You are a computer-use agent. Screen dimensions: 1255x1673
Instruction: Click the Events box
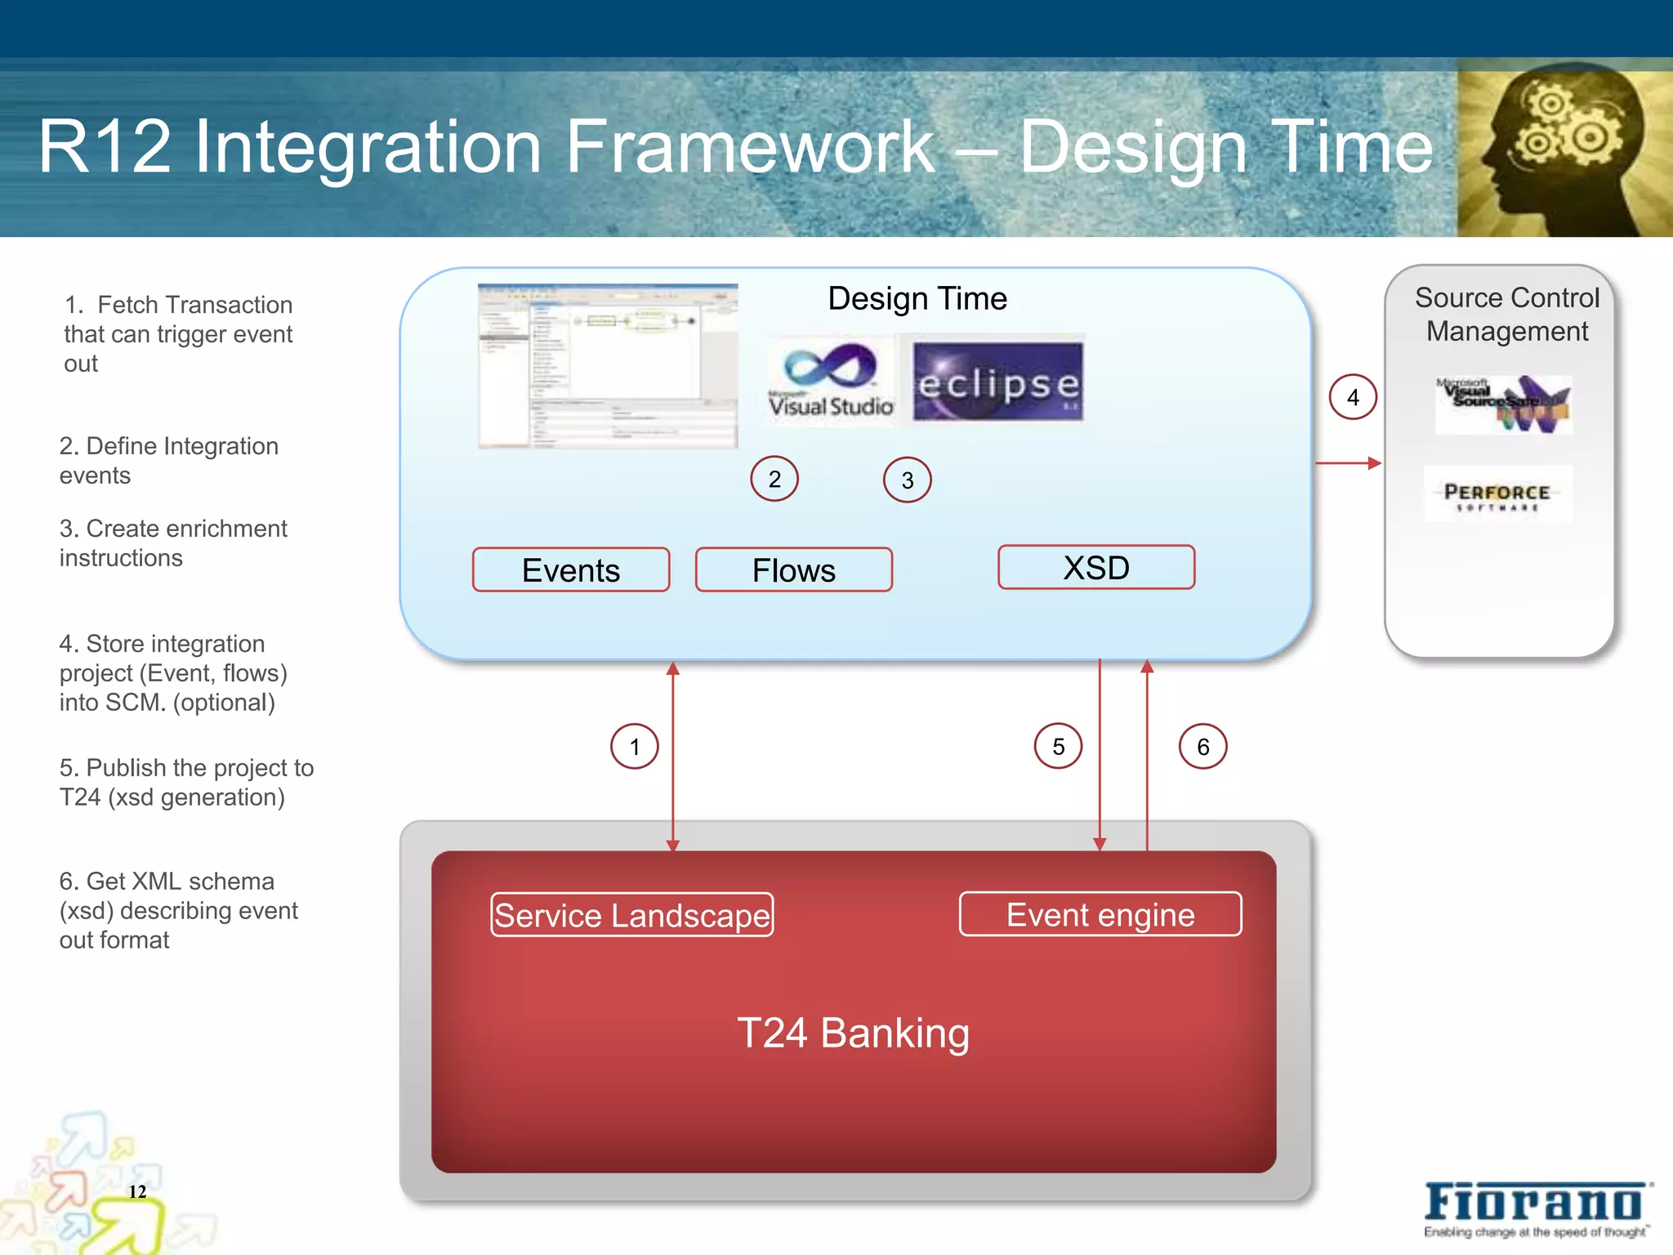[570, 569]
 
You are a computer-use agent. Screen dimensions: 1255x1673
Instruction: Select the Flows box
[793, 569]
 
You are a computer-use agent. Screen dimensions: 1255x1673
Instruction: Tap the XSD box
[1095, 567]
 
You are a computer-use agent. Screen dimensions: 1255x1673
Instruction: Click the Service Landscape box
[631, 914]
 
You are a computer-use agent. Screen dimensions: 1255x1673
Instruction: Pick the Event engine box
[1100, 913]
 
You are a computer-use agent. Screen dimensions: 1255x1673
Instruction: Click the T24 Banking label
[853, 1033]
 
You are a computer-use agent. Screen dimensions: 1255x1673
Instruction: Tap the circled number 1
[635, 746]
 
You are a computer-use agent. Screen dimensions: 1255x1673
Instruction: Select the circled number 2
[774, 479]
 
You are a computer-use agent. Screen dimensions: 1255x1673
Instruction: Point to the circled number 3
[907, 480]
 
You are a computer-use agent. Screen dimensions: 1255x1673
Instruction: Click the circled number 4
[1353, 397]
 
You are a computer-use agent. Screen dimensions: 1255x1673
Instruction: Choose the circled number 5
[1058, 746]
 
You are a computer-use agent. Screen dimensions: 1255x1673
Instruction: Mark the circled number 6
[1202, 746]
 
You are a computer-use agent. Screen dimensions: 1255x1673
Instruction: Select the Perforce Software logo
[1497, 494]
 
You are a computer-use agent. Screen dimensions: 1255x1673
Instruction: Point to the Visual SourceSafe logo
[1503, 404]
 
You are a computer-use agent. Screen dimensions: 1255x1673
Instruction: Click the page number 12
[137, 1191]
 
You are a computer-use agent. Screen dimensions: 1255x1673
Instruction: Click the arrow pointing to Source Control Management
[1348, 463]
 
